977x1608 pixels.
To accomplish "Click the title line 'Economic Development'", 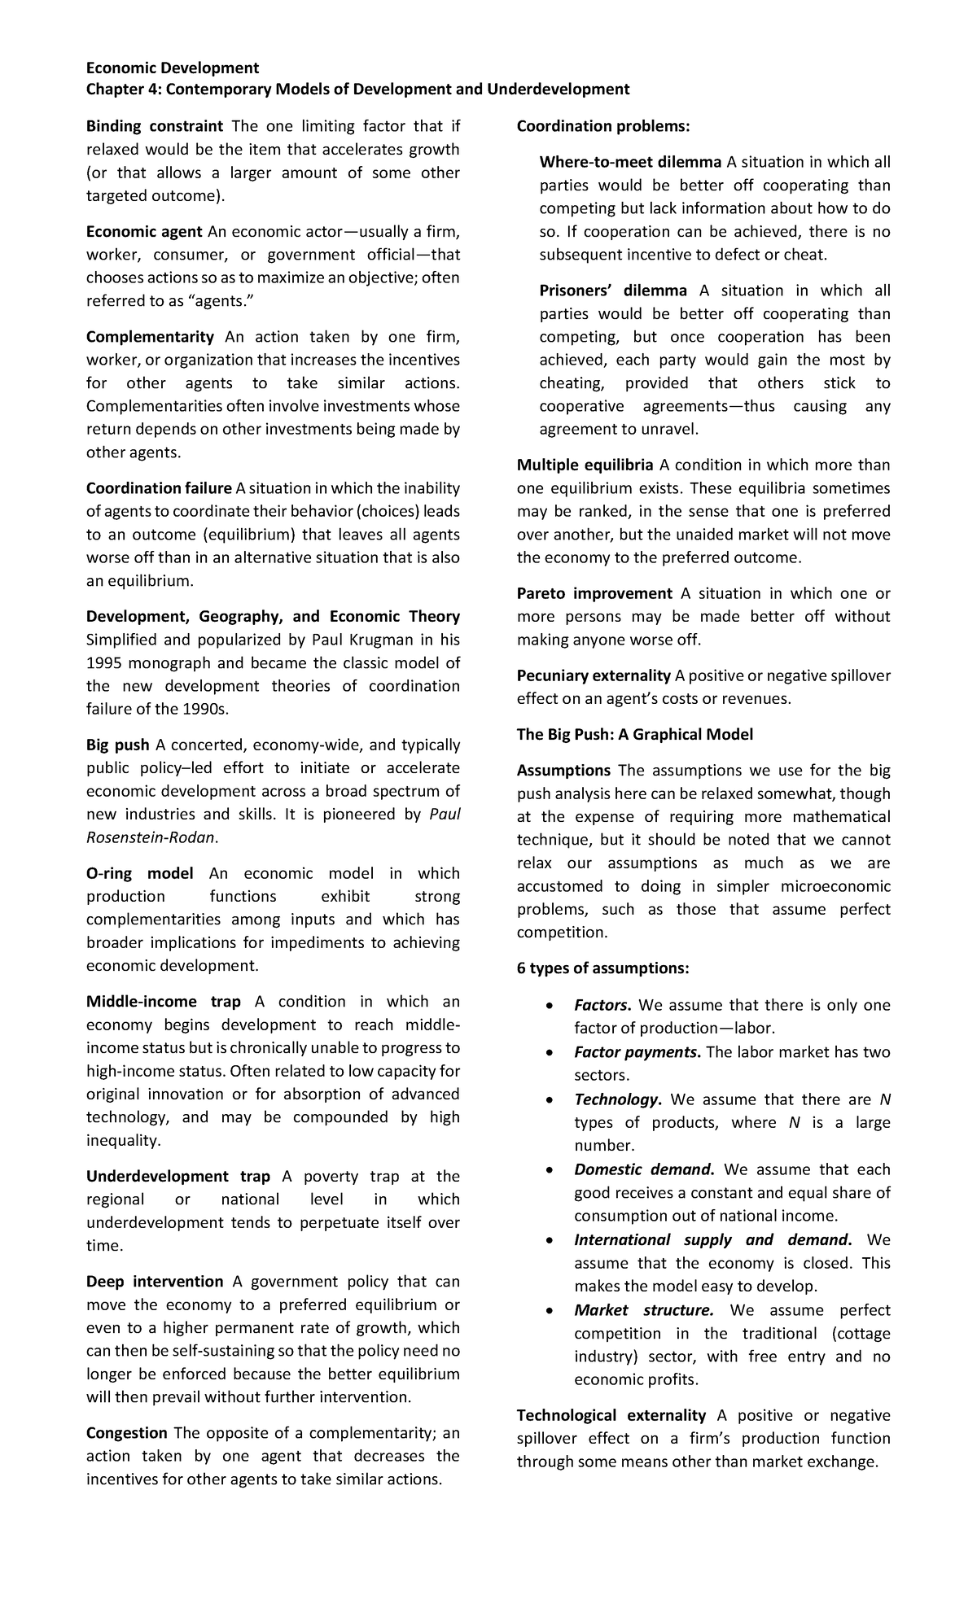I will coord(172,68).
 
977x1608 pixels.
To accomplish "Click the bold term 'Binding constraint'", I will coord(154,126).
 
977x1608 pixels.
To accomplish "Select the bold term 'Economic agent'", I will coord(144,232).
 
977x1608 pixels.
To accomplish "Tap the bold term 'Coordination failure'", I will coord(159,488).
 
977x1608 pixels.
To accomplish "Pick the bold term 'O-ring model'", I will coord(139,873).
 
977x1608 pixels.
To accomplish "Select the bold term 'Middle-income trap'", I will coord(163,1002).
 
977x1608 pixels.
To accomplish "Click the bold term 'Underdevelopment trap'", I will coord(177,1176).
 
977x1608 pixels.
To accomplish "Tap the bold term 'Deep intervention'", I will coord(154,1282).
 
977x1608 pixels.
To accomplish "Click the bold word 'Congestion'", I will coord(126,1433).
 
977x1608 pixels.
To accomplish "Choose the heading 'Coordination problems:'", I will coord(602,126).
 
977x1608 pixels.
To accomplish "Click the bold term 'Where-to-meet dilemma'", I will coord(630,162).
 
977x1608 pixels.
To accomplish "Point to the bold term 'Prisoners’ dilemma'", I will coord(612,291).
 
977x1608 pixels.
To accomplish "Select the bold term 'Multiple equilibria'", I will coord(585,465).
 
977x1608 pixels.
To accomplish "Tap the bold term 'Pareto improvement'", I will coord(594,593).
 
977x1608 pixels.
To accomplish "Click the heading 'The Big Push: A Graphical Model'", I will coord(634,735).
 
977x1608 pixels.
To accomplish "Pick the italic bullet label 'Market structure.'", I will coord(643,1310).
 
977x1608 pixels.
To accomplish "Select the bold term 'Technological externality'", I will coord(611,1416).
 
